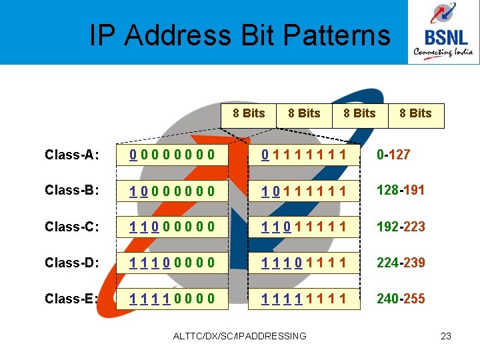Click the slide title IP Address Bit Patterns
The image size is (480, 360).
tap(240, 35)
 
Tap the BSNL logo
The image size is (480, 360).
tap(443, 33)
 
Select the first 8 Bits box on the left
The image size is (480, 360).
tap(249, 113)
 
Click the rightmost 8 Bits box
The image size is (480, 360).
tap(415, 113)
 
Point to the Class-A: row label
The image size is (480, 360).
tap(72, 155)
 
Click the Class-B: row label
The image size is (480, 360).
tap(72, 191)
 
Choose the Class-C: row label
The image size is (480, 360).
tap(72, 227)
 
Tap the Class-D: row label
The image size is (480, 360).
tap(72, 263)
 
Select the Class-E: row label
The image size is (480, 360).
tap(72, 299)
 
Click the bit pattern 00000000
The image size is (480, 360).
tap(172, 156)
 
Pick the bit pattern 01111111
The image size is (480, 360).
tap(304, 156)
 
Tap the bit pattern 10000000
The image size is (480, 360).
tap(172, 192)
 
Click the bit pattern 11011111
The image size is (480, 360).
tap(304, 227)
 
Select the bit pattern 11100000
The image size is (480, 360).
tap(172, 263)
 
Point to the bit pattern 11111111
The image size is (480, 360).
tap(304, 299)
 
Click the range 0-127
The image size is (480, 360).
tap(393, 155)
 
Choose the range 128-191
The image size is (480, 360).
tap(401, 190)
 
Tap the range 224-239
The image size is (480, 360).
tap(401, 263)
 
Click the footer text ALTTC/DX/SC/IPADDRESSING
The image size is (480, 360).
tap(240, 336)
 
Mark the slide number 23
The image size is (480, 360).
tap(446, 336)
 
